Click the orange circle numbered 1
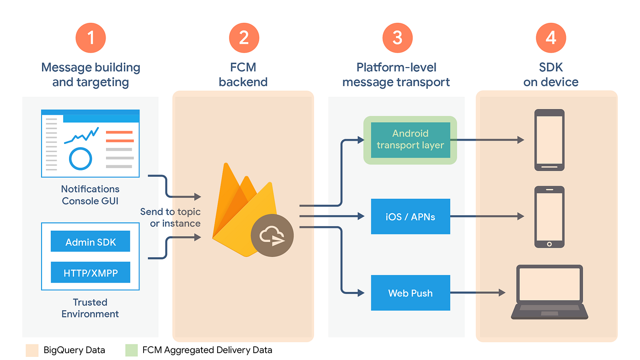pos(91,37)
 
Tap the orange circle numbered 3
pos(397,37)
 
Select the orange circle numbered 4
pos(551,37)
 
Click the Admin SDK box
pos(91,242)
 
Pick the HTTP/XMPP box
pos(91,273)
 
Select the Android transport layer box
pos(410,140)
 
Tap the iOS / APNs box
pos(410,216)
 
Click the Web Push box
pos(410,293)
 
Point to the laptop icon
pos(549,292)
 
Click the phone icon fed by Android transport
pos(549,140)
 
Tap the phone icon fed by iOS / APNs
pos(549,217)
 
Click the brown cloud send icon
pos(272,236)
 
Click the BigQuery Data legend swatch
pos(32,350)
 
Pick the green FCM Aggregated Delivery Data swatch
pos(131,350)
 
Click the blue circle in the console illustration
pos(80,159)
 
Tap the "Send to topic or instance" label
pos(170,217)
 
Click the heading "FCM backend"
pos(243,74)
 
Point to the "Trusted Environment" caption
pos(90,308)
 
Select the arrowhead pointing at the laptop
pos(502,292)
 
